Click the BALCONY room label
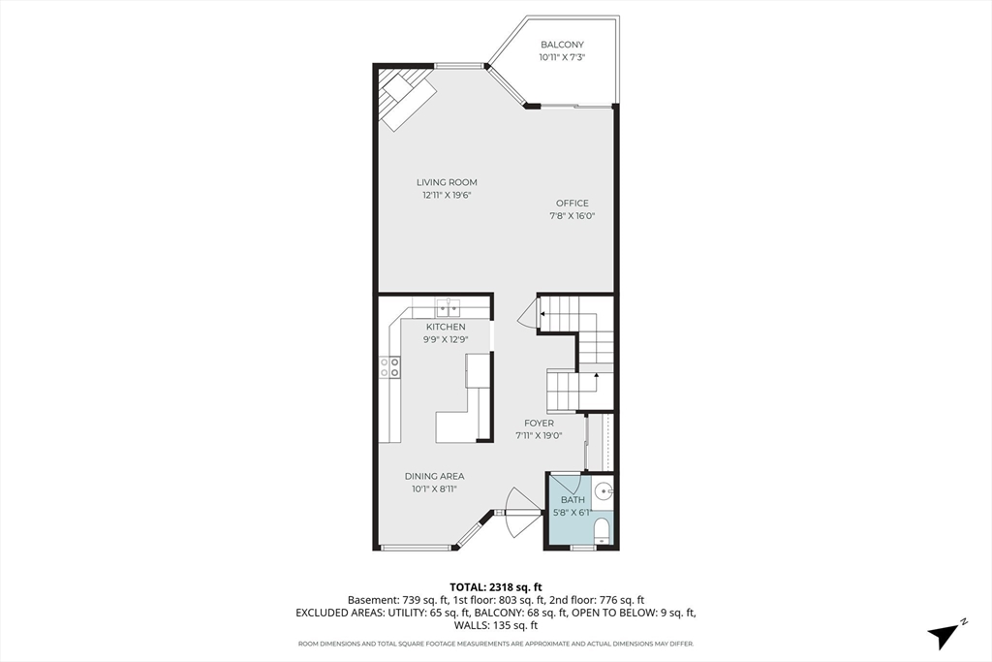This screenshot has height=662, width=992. point(562,45)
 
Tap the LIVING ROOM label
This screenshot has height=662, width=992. point(447,182)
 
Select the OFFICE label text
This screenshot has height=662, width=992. point(572,204)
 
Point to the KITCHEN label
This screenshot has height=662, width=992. point(446,327)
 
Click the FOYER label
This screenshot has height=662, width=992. point(539,424)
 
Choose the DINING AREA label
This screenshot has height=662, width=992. point(435,476)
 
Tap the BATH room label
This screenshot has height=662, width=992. point(573,500)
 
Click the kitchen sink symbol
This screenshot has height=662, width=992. point(448,308)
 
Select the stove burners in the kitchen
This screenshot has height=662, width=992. point(389,367)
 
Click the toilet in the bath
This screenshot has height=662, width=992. point(601,530)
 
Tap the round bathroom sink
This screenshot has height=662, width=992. point(604,490)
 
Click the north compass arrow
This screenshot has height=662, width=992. point(945,634)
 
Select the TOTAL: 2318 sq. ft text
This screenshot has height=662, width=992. point(495,587)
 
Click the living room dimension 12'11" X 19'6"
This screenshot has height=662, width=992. point(448,195)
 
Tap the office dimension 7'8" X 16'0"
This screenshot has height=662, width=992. point(572,216)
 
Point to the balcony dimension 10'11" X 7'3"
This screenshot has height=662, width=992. point(562,57)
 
